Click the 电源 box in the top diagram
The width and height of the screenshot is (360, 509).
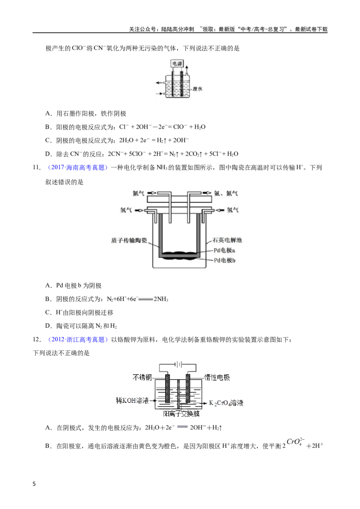[177, 64]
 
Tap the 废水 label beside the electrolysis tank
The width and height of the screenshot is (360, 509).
[198, 89]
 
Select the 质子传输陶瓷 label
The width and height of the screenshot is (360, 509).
[129, 241]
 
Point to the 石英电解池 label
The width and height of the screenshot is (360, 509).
[227, 240]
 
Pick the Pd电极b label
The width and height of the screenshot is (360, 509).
[225, 260]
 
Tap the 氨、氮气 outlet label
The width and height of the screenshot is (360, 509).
[226, 193]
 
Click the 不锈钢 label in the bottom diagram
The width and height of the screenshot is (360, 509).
[142, 377]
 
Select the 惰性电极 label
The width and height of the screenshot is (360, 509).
[217, 377]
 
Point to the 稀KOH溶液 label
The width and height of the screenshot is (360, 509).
[132, 401]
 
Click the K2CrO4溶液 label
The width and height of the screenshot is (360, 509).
[226, 403]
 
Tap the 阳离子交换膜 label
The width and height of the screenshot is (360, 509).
[181, 414]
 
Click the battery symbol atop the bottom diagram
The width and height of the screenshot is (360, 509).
[178, 365]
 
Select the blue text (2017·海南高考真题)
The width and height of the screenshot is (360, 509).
[78, 168]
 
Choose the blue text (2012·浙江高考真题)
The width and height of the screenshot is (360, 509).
[78, 339]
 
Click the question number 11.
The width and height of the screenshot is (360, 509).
[36, 168]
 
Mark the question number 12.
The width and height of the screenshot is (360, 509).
[37, 339]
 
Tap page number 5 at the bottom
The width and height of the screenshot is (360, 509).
[35, 484]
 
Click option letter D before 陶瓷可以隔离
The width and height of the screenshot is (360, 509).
[48, 326]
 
